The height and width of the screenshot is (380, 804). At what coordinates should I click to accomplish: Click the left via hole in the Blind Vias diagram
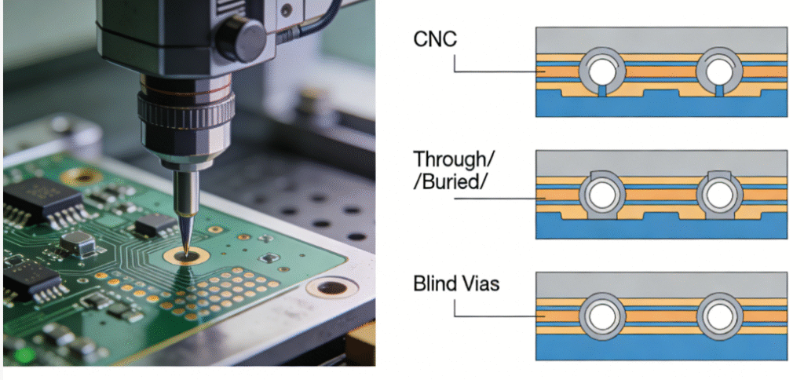[602, 317]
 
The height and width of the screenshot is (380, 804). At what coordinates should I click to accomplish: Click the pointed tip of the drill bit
[184, 250]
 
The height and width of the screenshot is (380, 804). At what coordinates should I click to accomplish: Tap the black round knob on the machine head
[235, 35]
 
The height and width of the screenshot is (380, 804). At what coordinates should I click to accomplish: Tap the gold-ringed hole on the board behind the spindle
[82, 177]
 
